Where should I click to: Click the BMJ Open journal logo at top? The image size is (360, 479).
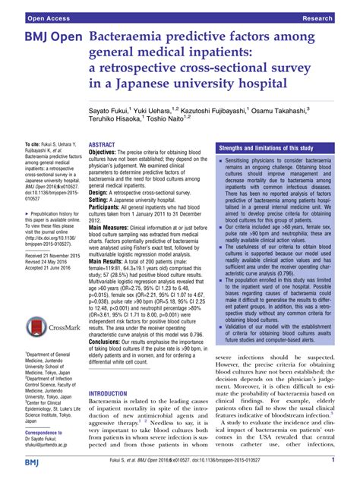tap(42, 36)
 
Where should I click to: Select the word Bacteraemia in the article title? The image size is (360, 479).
tap(127, 36)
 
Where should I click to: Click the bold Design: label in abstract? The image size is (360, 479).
tap(103, 194)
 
